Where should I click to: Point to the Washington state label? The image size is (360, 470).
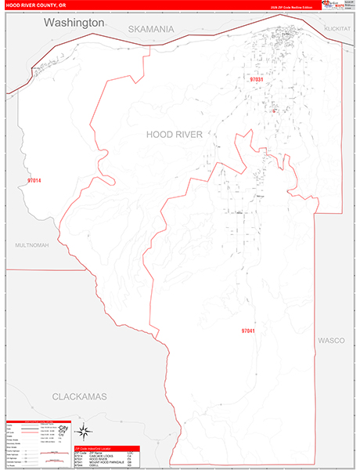(x=74, y=23)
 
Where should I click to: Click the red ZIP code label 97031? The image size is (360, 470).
(x=257, y=80)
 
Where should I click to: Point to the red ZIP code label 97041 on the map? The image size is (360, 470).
(x=248, y=331)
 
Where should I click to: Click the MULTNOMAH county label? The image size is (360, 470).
(x=31, y=245)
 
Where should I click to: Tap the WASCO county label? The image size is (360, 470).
(x=331, y=341)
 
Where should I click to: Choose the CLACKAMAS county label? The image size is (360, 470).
(x=79, y=397)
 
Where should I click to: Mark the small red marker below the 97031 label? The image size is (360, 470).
(x=273, y=110)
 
